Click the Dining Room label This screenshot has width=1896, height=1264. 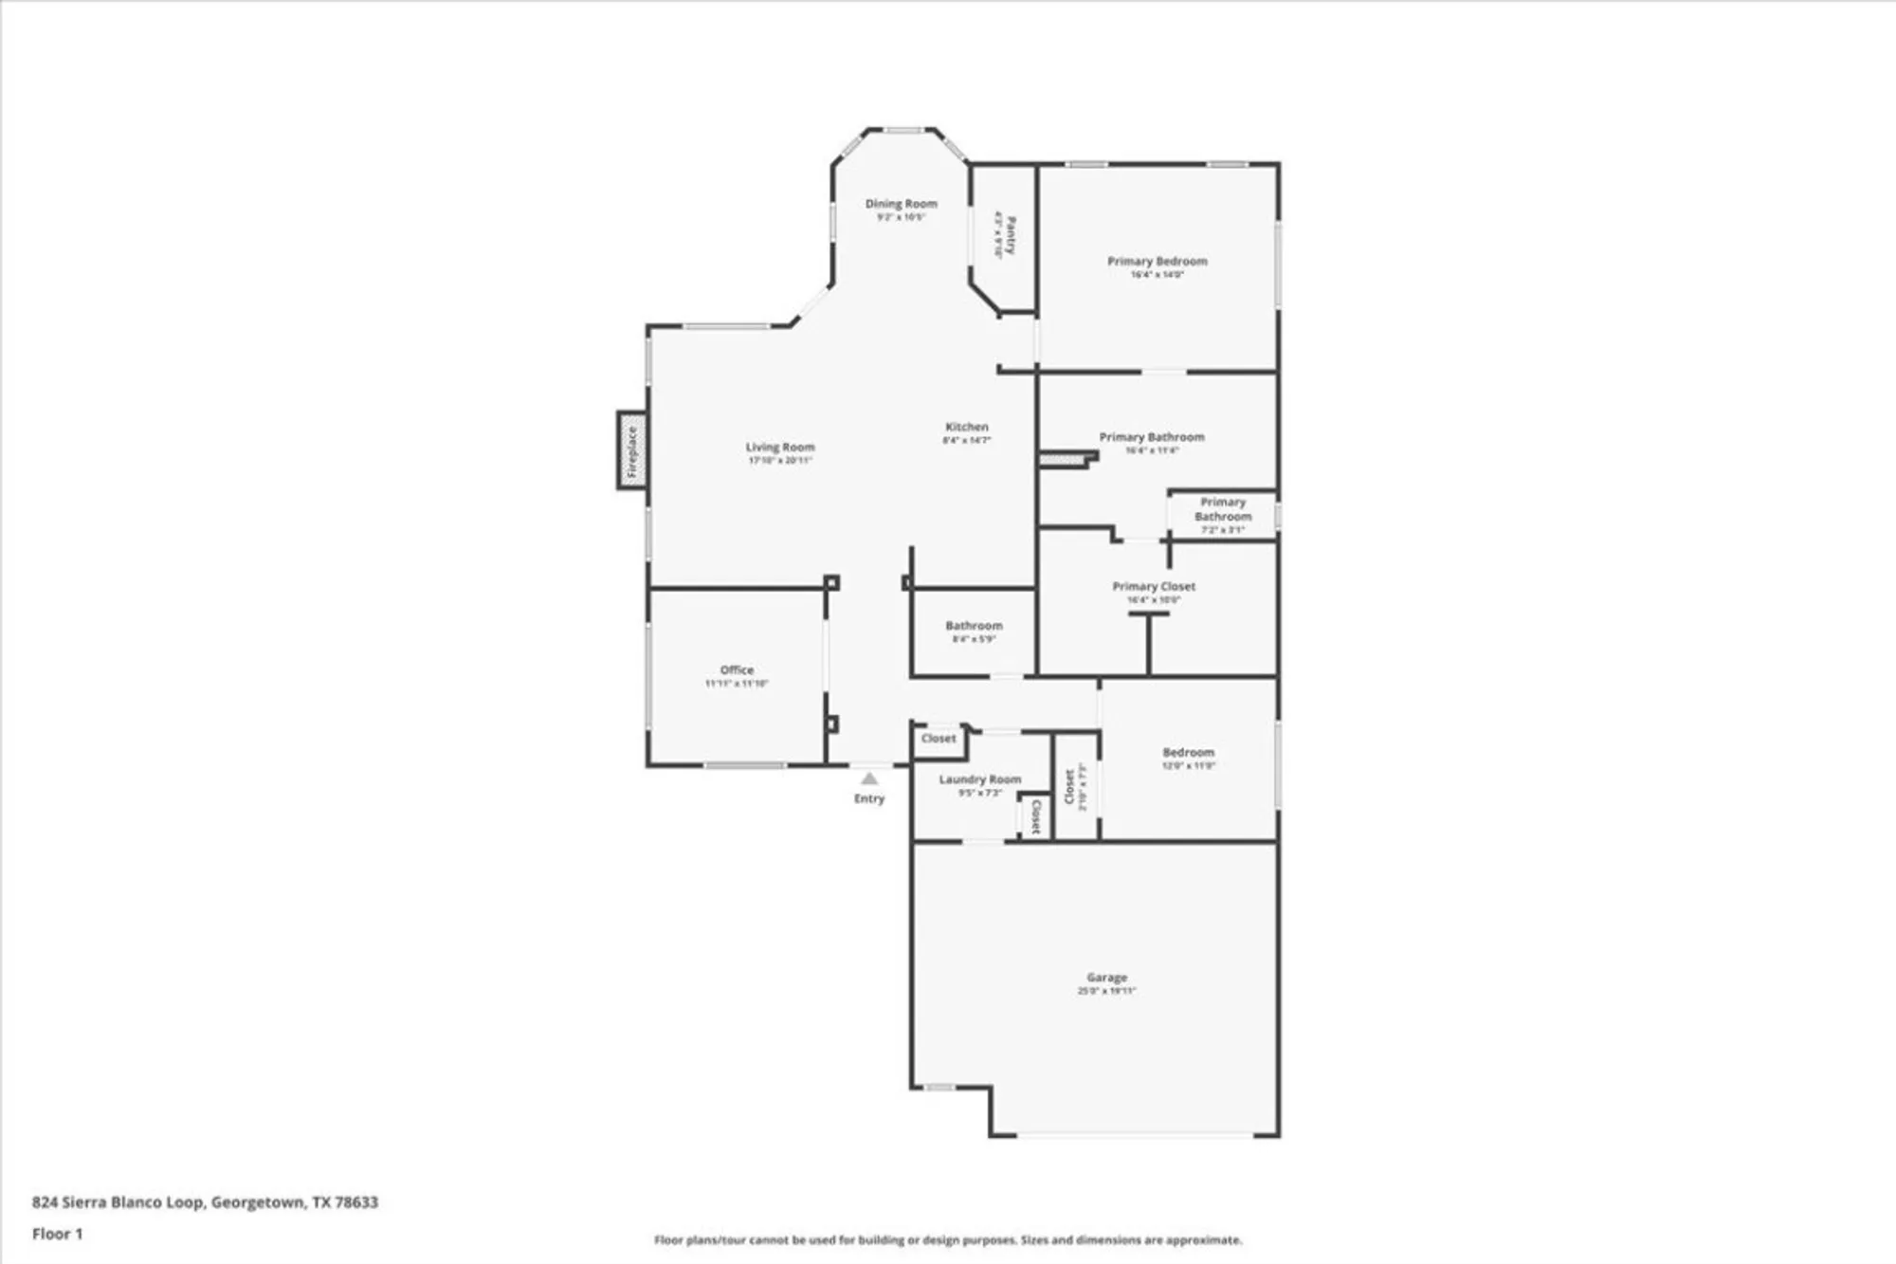(901, 203)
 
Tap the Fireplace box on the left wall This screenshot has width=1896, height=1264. (632, 450)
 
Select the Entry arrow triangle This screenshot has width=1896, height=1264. (869, 779)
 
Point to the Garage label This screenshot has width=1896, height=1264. (1106, 977)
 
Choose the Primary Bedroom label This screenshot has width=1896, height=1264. (1157, 261)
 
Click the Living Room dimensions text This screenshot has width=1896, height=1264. (779, 461)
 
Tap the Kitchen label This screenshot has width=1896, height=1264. (966, 427)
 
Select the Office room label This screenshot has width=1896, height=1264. (737, 669)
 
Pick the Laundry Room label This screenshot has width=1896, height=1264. (979, 779)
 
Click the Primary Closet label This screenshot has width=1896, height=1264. (1153, 586)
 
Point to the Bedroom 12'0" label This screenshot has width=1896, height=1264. (1188, 752)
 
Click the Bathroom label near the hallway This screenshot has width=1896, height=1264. (974, 626)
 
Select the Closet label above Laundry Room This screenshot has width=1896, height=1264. (939, 739)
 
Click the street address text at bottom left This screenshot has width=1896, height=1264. (205, 1202)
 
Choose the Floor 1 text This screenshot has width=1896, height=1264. (58, 1234)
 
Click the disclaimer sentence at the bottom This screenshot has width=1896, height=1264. (947, 1240)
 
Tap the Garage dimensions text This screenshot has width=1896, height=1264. (1106, 991)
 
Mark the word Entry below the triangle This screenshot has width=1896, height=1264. (869, 798)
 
